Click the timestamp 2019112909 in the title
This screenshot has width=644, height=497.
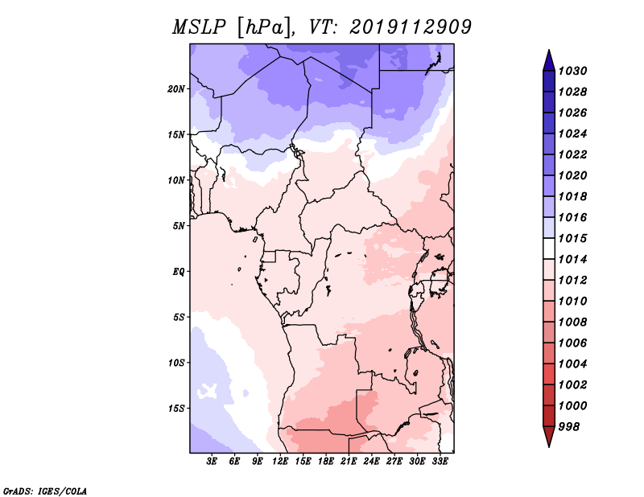click(411, 27)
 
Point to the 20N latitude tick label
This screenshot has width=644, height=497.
click(176, 88)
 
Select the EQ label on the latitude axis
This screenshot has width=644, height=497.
click(179, 272)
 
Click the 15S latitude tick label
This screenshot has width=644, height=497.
click(176, 409)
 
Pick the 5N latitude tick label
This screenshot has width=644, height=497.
click(179, 226)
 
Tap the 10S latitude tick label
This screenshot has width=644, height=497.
click(176, 363)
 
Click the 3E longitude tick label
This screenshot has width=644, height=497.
click(213, 462)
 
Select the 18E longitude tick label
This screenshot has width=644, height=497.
click(327, 462)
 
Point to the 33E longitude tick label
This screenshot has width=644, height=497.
click(440, 462)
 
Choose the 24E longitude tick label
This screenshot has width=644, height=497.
click(372, 462)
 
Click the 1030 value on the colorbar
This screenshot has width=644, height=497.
click(575, 71)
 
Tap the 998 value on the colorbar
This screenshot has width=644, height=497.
click(572, 426)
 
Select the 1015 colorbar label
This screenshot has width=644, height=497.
click(575, 239)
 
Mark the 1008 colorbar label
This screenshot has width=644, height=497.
click(575, 322)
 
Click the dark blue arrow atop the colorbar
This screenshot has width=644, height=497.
click(548, 60)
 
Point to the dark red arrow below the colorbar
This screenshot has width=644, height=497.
click(548, 437)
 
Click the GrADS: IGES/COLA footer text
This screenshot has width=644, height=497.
click(45, 490)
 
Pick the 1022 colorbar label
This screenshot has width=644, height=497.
click(575, 154)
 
